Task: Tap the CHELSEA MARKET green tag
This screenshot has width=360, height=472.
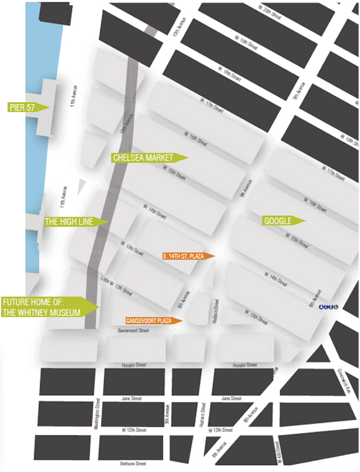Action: pyautogui.click(x=144, y=158)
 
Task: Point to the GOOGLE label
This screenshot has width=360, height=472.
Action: pyautogui.click(x=279, y=221)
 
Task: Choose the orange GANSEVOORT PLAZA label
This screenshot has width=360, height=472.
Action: pyautogui.click(x=149, y=320)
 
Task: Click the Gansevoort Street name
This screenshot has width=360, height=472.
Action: pyautogui.click(x=133, y=332)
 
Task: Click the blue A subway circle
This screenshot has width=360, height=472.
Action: pyautogui.click(x=322, y=307)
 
